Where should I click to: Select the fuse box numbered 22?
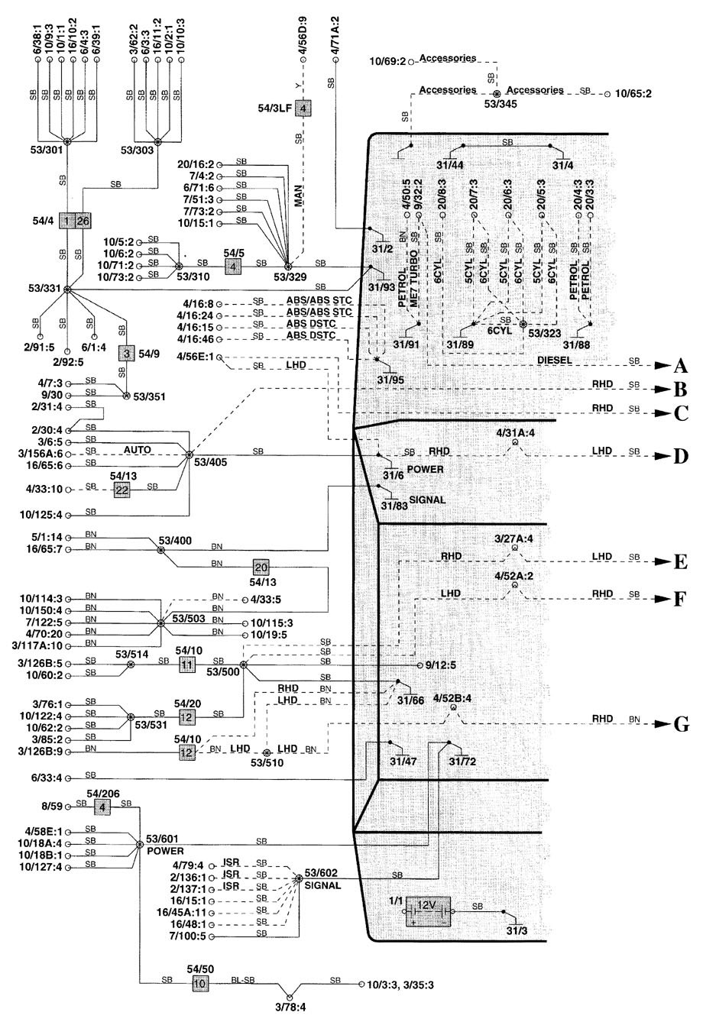121,490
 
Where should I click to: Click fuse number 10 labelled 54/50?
199,984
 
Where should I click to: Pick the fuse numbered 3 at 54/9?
125,353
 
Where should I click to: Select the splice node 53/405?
189,454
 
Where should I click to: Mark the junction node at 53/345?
497,92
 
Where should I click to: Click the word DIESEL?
555,359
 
